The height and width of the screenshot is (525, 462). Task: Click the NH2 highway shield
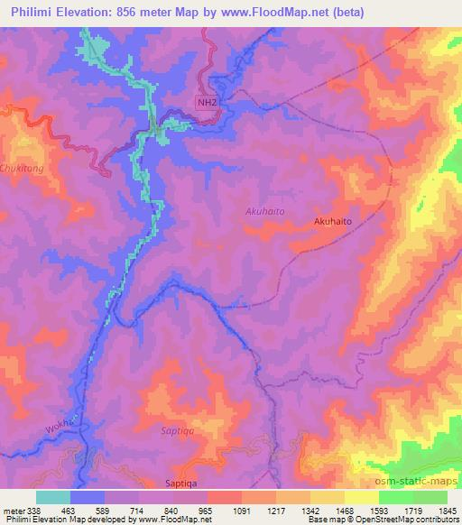208,103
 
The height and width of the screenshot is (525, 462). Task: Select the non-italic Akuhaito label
332,220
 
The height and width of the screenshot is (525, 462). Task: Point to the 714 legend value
139,510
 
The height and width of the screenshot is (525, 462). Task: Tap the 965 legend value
207,510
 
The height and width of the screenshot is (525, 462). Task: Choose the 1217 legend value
275,510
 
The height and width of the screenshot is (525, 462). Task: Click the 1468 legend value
343,510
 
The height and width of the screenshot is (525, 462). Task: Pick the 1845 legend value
446,510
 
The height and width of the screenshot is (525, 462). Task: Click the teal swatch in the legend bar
53,497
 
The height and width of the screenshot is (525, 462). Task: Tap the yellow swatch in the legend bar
360,497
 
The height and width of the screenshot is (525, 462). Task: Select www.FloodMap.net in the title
308,13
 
